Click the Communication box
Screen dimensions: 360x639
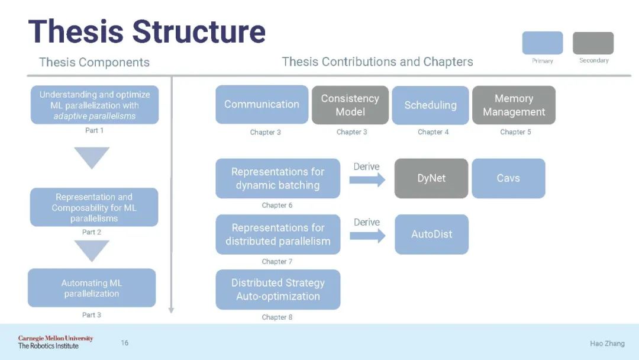tap(262, 104)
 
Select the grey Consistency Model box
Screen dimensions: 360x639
tap(350, 105)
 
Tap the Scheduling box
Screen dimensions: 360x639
tap(430, 105)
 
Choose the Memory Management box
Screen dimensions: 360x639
tap(514, 105)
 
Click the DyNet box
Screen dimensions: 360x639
tap(431, 178)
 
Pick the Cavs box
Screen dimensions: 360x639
tap(508, 178)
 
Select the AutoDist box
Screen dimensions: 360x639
tap(431, 234)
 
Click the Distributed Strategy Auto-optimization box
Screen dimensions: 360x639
tap(277, 290)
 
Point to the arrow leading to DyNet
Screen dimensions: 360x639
tap(367, 179)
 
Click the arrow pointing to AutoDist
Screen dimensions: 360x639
tap(367, 235)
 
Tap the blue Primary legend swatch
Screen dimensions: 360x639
tap(542, 43)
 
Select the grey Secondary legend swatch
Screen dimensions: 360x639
tap(593, 43)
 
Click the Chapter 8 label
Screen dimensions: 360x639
tap(277, 317)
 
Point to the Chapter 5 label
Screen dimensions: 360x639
tap(515, 132)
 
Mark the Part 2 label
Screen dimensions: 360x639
tap(92, 232)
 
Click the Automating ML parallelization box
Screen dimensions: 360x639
tap(92, 288)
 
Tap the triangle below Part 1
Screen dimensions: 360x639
tap(92, 157)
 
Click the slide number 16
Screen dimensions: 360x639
tap(124, 342)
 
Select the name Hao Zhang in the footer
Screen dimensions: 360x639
tap(606, 343)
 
